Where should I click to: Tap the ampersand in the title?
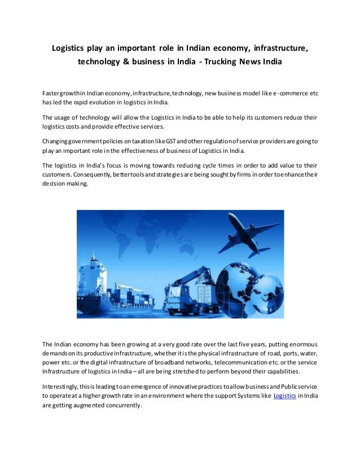click(x=135, y=60)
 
